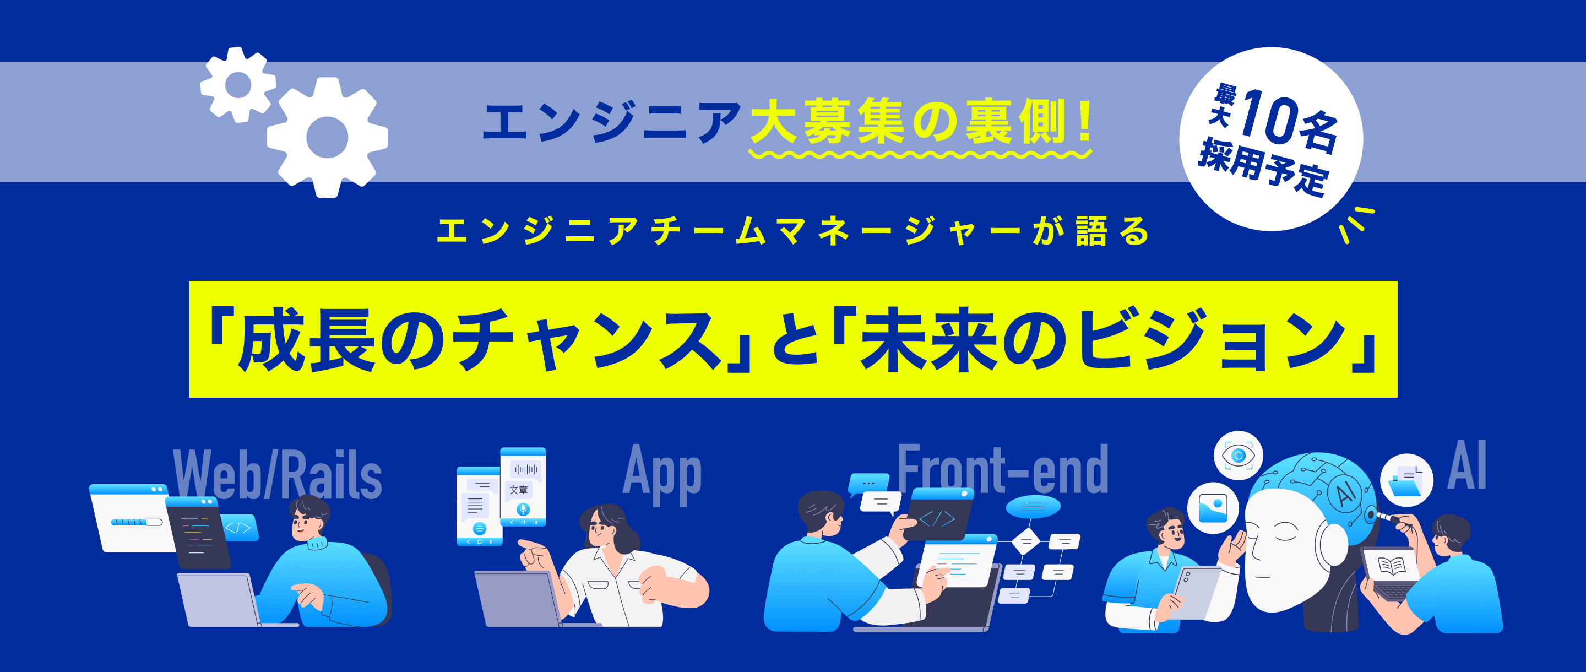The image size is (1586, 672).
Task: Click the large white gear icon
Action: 327,137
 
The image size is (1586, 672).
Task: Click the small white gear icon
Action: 238,84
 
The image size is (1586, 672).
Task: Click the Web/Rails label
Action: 278,475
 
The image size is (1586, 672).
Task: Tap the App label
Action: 662,474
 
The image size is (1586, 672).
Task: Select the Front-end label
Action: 1002,470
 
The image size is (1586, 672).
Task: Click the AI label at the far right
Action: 1467,467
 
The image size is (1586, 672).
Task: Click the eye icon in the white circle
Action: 1238,456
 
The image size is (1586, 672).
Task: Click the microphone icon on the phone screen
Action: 523,510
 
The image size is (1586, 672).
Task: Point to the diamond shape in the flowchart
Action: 1025,541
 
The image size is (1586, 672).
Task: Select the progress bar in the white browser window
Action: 136,522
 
